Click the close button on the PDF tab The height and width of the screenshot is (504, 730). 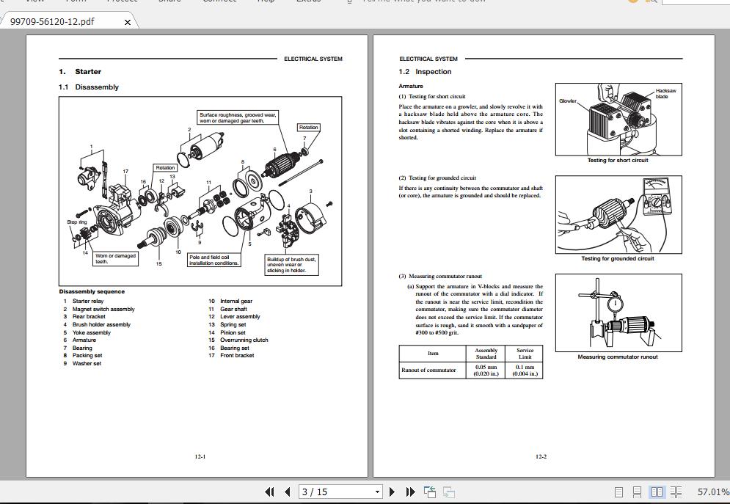(127, 22)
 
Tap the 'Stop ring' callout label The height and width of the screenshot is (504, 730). (77, 222)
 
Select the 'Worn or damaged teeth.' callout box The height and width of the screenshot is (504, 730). (115, 258)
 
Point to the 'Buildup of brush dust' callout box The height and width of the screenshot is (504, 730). (292, 264)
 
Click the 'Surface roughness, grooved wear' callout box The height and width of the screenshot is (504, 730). (238, 117)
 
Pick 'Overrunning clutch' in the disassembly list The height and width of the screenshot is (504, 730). (244, 340)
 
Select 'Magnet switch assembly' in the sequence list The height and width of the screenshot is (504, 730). (103, 310)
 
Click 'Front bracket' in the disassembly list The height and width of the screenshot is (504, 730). (237, 356)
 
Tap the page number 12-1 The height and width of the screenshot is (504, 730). (200, 456)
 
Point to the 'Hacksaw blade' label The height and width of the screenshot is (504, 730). (665, 93)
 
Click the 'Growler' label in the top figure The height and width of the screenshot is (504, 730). (568, 101)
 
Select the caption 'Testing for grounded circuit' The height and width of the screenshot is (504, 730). (617, 258)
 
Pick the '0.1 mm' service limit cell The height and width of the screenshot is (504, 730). (525, 370)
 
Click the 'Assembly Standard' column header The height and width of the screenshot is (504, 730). (486, 354)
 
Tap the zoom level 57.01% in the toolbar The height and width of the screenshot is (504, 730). (712, 492)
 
